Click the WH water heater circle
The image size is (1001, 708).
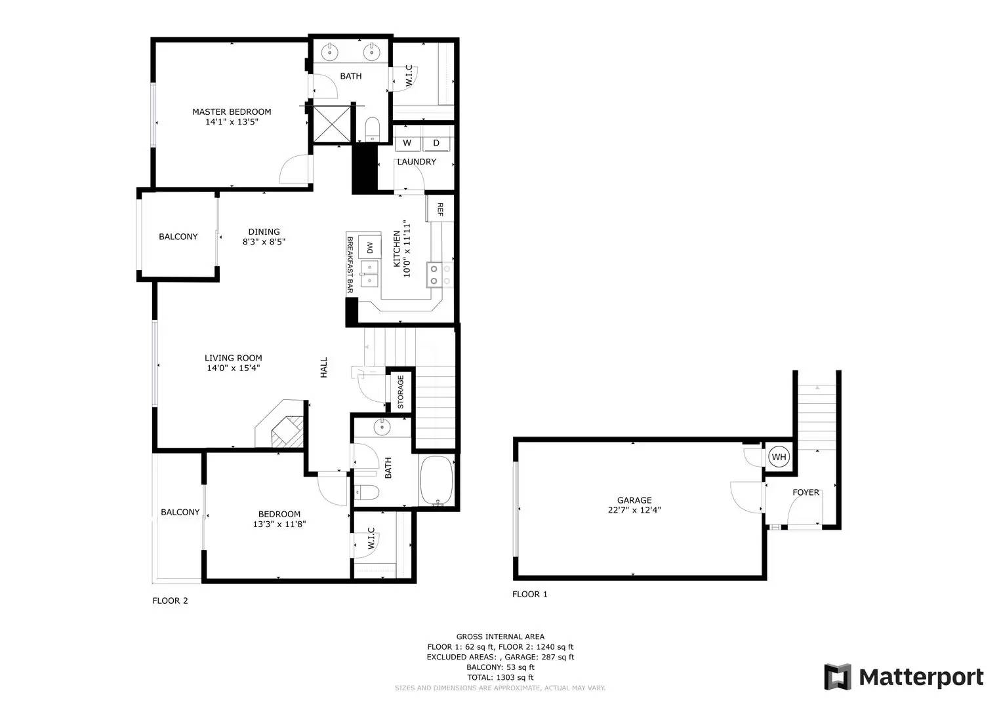coord(779,456)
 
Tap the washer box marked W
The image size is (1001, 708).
coord(407,143)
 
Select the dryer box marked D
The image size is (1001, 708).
coord(436,143)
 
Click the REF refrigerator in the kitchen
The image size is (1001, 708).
coord(439,208)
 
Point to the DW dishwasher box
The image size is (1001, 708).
coord(370,247)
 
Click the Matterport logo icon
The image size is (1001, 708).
coord(838,677)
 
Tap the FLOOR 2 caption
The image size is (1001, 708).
coord(171,600)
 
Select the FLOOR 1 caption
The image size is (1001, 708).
coord(529,594)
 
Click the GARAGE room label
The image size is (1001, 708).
coord(634,500)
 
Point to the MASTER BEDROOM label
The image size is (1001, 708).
coord(232,111)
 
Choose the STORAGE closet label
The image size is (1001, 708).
coord(400,392)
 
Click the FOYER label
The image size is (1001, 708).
coord(806,492)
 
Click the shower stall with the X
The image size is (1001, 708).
coord(331,124)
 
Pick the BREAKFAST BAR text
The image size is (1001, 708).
coord(350,265)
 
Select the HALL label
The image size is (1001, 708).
coord(324,367)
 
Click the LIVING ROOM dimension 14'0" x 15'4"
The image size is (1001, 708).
coord(234,368)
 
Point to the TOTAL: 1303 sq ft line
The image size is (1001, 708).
coord(500,677)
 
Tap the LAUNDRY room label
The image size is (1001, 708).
coord(417,162)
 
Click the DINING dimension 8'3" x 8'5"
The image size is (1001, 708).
coord(264,242)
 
